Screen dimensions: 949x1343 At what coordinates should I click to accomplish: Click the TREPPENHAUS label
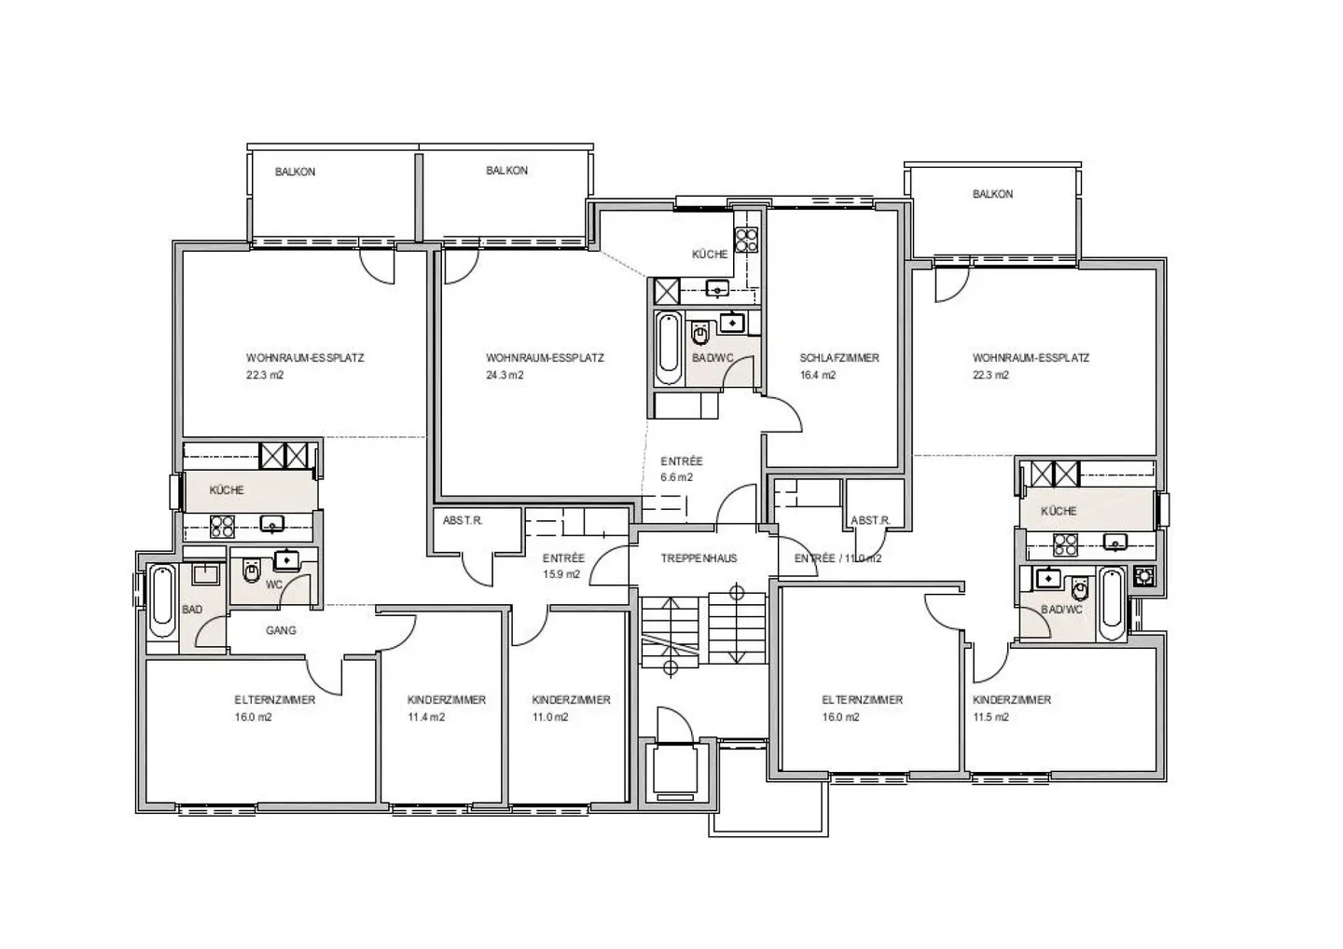(x=699, y=558)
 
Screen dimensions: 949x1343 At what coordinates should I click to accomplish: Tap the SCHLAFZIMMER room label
(x=838, y=358)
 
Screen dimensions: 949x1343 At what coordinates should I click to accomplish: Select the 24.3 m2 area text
(x=505, y=376)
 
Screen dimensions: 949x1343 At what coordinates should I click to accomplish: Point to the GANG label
(x=281, y=631)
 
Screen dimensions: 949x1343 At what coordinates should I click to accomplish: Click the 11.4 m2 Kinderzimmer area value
(x=425, y=718)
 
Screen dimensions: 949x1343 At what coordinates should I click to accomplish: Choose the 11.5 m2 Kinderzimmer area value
(x=990, y=718)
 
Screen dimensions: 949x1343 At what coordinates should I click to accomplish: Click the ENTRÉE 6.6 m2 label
(x=681, y=469)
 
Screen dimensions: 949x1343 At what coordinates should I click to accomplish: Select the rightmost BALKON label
(x=992, y=194)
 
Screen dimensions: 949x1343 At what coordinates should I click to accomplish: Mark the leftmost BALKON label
(x=295, y=172)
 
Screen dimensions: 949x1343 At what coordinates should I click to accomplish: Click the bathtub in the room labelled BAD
(x=162, y=600)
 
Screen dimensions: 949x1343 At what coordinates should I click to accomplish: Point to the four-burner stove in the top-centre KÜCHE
(x=746, y=241)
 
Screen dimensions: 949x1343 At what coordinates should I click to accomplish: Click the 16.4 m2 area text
(x=817, y=376)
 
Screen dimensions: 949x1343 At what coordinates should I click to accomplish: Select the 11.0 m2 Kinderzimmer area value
(x=550, y=718)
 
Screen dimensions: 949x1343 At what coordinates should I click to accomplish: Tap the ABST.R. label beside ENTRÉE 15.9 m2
(x=463, y=520)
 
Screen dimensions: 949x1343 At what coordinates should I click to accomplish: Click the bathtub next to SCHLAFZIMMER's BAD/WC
(x=668, y=348)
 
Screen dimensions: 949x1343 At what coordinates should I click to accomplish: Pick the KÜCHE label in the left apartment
(x=227, y=490)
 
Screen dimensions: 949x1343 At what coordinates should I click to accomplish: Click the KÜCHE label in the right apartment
(x=1058, y=511)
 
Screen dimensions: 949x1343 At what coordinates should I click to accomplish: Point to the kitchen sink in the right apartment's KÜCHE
(x=1115, y=541)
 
